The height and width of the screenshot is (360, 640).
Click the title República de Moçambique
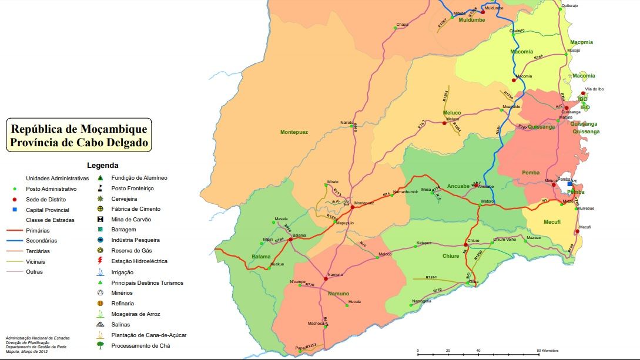[x=78, y=129]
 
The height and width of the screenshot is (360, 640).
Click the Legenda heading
[x=102, y=166]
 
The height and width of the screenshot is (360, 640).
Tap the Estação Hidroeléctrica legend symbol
[x=100, y=261]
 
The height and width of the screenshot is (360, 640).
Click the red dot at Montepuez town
[x=352, y=207]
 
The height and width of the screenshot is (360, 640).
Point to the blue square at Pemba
[x=569, y=184]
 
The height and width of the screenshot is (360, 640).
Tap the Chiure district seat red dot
[x=465, y=244]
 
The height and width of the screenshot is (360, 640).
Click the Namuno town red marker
[x=325, y=278]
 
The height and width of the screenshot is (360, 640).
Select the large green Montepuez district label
[x=294, y=132]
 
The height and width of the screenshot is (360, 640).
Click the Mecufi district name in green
[x=535, y=223]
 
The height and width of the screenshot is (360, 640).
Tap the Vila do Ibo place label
[x=594, y=89]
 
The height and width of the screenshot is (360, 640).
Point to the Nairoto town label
[x=347, y=122]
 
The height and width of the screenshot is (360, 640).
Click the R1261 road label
[x=432, y=277]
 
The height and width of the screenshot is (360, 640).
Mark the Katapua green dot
[x=415, y=246]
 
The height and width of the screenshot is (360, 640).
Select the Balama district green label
[x=261, y=257]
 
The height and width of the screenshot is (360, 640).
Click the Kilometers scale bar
[x=478, y=352]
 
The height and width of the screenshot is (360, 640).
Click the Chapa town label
[x=402, y=25]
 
